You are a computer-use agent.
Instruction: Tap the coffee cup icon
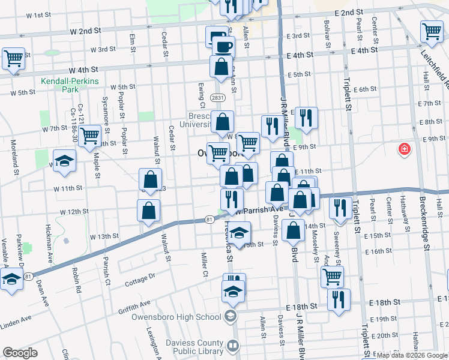tap(223, 46)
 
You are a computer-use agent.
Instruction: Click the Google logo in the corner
tap(20, 353)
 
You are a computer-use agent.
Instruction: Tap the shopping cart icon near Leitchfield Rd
tap(432, 32)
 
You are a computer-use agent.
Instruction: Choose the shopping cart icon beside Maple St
tap(90, 136)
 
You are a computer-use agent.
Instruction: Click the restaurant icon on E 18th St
tap(339, 299)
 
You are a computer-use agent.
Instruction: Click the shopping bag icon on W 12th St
tap(148, 211)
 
